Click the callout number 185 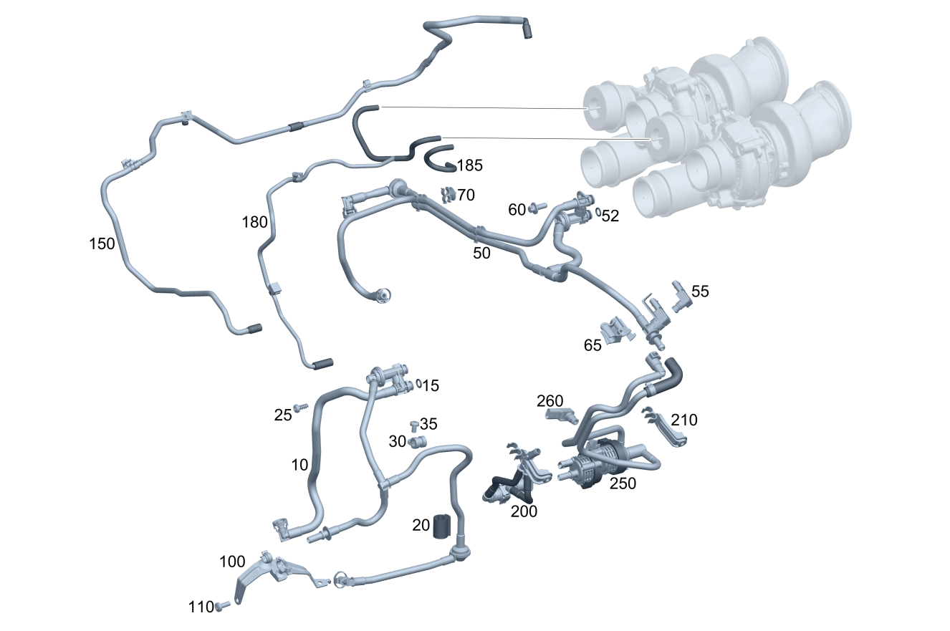coord(470,165)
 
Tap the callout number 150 coord(102,244)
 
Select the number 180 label coord(254,222)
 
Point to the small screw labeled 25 coord(301,408)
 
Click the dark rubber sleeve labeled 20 coord(441,526)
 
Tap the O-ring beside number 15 coord(419,383)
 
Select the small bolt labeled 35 coord(414,425)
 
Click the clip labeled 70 coord(448,195)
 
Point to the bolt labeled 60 coord(537,207)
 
